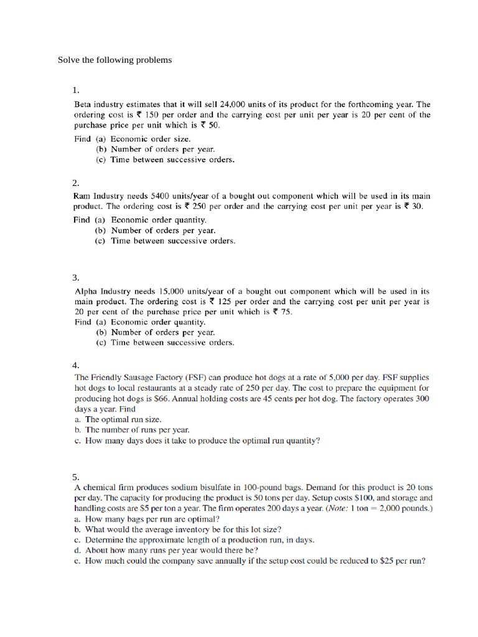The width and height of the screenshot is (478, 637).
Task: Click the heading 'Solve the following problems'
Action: (x=115, y=60)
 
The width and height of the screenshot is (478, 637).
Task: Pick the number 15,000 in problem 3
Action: (x=175, y=291)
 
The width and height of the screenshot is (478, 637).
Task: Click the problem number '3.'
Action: (x=76, y=277)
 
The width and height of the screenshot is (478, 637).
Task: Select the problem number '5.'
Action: (x=76, y=477)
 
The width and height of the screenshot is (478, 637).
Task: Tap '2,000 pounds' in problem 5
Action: (x=405, y=509)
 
